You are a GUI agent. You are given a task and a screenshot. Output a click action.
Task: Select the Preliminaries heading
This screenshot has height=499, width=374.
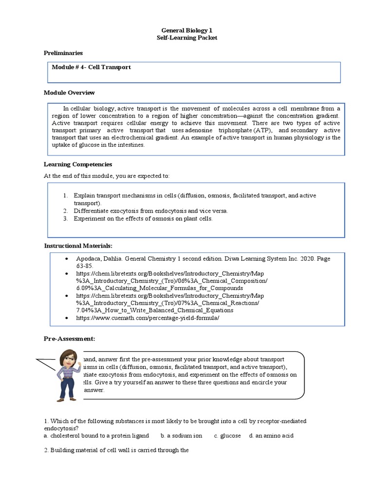point(63,53)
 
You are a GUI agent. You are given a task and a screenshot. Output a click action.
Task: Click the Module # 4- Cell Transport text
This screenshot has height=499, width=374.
point(91,67)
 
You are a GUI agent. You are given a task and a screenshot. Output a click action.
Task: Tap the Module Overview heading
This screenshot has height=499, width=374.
point(69,93)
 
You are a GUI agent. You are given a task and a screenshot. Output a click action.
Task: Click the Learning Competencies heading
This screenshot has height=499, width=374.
point(78,165)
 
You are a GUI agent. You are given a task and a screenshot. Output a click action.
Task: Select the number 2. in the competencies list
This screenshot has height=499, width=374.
point(65,211)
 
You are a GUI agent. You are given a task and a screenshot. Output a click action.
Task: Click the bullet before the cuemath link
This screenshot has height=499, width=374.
point(66,318)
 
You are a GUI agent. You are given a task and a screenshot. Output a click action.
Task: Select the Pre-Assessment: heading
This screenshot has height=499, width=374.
point(69,339)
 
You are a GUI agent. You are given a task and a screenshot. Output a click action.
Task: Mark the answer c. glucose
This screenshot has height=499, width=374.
point(227,436)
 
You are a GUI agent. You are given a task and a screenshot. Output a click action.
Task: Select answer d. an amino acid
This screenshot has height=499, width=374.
point(271,436)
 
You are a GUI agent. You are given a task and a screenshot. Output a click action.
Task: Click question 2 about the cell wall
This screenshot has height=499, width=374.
point(116,450)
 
